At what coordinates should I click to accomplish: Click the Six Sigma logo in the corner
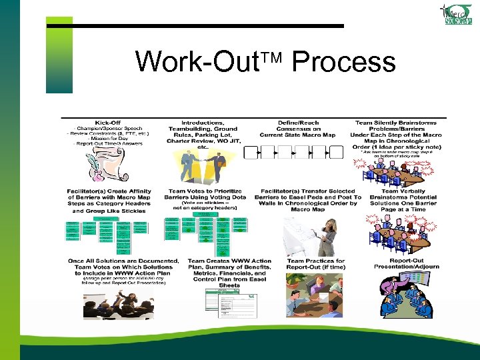tap(457, 14)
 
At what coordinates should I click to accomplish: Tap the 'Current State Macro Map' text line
tap(297, 135)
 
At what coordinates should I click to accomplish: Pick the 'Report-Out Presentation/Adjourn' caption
tap(408, 264)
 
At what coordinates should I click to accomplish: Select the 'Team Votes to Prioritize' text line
tap(205, 191)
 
